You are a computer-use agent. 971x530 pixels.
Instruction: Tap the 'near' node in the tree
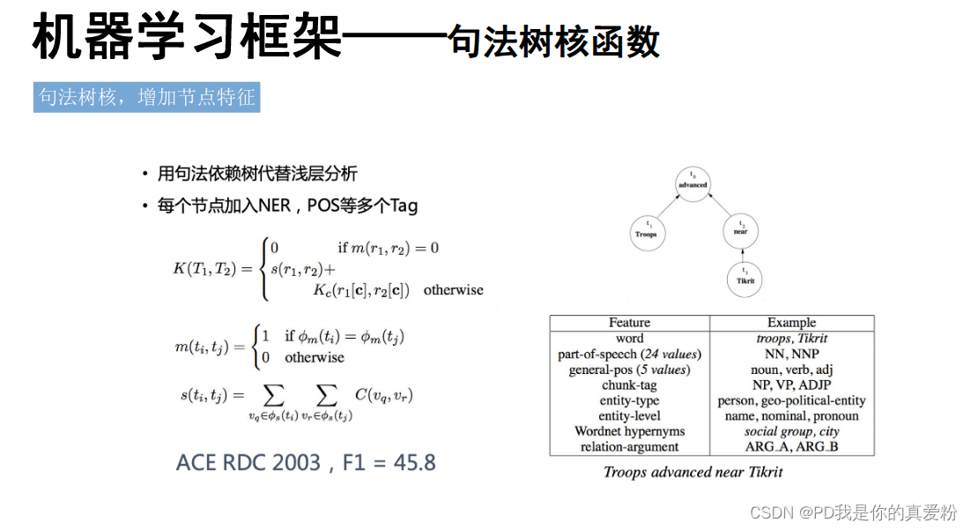click(740, 231)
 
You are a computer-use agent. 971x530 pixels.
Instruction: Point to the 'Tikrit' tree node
click(745, 280)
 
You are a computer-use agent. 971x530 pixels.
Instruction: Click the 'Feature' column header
click(629, 323)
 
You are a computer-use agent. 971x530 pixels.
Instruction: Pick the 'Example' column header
click(791, 323)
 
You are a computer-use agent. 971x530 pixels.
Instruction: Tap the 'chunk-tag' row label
click(629, 385)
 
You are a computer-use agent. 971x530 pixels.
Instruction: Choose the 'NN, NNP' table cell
click(791, 355)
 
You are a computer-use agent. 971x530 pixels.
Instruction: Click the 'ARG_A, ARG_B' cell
click(791, 447)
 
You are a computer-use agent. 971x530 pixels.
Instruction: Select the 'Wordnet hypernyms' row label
click(629, 431)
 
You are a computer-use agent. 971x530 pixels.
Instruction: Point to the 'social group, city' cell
click(791, 431)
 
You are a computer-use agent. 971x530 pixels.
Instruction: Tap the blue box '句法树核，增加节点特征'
click(146, 97)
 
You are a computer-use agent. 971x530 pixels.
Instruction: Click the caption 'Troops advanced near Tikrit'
click(693, 472)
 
